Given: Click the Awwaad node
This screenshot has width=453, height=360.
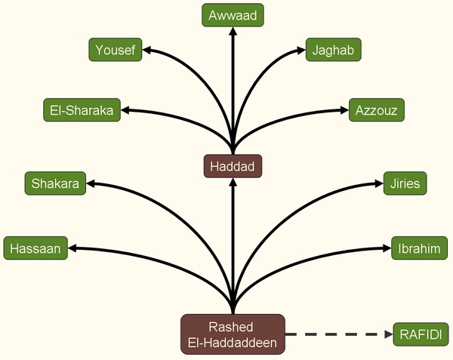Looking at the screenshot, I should pyautogui.click(x=233, y=15).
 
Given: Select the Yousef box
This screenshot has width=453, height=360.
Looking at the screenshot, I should pyautogui.click(x=115, y=51).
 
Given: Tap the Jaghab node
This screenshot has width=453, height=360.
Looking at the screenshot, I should pyautogui.click(x=333, y=51).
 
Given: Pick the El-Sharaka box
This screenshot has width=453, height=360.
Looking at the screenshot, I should pyautogui.click(x=82, y=110).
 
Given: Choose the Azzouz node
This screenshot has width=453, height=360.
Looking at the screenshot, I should pyautogui.click(x=376, y=110).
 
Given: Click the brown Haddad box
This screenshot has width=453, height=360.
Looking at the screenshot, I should pyautogui.click(x=233, y=166).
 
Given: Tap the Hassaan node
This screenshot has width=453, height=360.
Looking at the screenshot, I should pyautogui.click(x=36, y=248).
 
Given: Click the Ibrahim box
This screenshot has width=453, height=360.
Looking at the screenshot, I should pyautogui.click(x=420, y=248).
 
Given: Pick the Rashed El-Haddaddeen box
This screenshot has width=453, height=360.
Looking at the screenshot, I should pyautogui.click(x=233, y=334).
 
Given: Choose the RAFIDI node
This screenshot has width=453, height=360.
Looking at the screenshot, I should pyautogui.click(x=420, y=334).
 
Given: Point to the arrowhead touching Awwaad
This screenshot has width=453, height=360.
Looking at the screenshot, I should pyautogui.click(x=233, y=32).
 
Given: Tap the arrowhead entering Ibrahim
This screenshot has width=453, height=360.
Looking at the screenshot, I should pyautogui.click(x=385, y=248).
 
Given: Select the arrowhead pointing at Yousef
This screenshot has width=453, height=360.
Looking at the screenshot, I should pyautogui.click(x=148, y=51).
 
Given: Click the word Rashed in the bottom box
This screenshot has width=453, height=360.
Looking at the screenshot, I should pyautogui.click(x=233, y=327).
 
